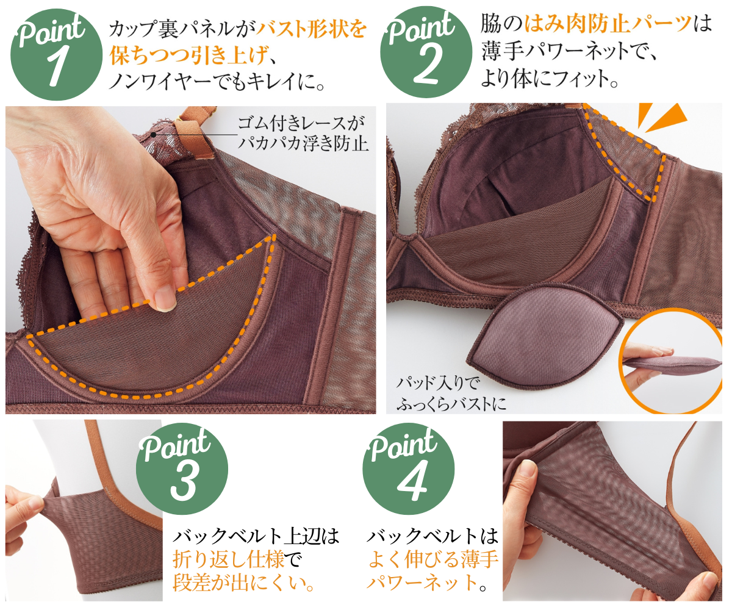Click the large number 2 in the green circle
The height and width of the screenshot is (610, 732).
point(426,65)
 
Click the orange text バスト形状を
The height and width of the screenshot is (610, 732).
point(311,29)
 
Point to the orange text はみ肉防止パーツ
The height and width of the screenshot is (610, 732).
point(608,24)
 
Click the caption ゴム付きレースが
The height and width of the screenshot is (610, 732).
point(301,123)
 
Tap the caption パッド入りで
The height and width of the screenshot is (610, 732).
point(437,383)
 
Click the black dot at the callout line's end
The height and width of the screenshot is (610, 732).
point(153,135)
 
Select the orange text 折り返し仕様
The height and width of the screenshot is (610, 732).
point(229,560)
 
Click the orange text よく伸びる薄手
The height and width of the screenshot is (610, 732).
point(433,559)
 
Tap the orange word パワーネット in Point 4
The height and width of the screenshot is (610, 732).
point(423,583)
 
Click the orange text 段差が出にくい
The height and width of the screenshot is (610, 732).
point(239,583)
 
